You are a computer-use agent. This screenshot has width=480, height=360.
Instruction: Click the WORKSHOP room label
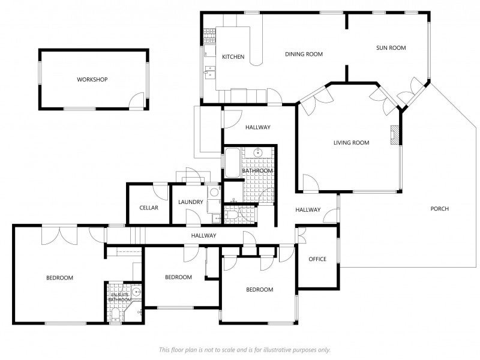pyautogui.click(x=92, y=80)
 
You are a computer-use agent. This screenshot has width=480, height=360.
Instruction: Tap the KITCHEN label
pyautogui.click(x=233, y=57)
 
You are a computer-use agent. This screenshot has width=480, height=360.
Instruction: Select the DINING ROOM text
pyautogui.click(x=304, y=54)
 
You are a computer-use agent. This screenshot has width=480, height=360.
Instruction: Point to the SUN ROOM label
pyautogui.click(x=391, y=48)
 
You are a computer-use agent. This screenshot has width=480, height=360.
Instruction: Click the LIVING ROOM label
pyautogui.click(x=352, y=143)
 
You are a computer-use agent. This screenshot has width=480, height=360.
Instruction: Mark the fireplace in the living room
pyautogui.click(x=395, y=134)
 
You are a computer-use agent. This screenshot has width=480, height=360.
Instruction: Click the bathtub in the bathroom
pyautogui.click(x=232, y=163)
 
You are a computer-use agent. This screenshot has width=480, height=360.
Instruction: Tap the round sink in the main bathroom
pyautogui.click(x=259, y=152)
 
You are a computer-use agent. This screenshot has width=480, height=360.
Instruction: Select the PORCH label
pyautogui.click(x=440, y=209)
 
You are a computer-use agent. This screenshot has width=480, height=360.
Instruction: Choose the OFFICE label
pyautogui.click(x=317, y=259)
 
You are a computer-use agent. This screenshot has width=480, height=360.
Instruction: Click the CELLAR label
pyautogui.click(x=149, y=208)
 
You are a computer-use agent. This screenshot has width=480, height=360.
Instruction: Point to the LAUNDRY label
pyautogui.click(x=191, y=202)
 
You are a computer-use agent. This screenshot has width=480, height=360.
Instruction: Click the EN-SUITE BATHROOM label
pyautogui.click(x=119, y=297)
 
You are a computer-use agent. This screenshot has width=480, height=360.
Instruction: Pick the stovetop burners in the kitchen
pyautogui.click(x=209, y=35)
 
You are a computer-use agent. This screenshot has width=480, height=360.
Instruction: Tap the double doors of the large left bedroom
pyautogui.click(x=59, y=236)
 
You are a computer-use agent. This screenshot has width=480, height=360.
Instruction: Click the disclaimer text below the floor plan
pyautogui.click(x=245, y=350)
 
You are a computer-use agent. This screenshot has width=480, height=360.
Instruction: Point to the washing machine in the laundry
pyautogui.click(x=214, y=192)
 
